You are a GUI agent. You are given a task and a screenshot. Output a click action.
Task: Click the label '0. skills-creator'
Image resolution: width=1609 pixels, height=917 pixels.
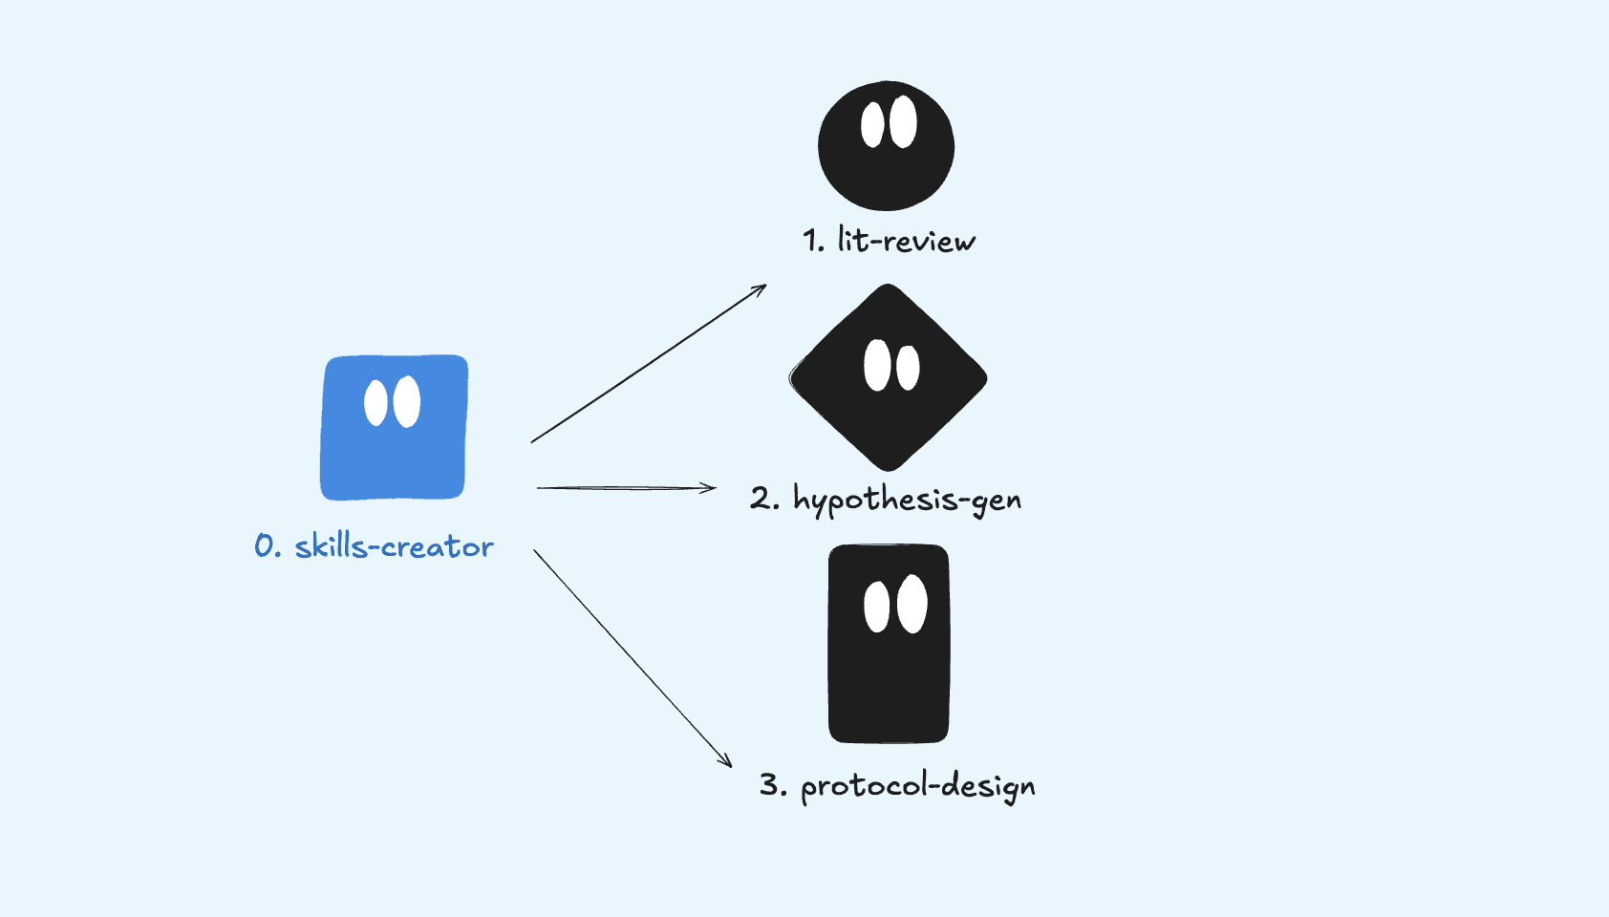(x=374, y=546)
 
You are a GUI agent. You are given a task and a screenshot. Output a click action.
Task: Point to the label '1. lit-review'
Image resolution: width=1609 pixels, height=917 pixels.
(x=889, y=241)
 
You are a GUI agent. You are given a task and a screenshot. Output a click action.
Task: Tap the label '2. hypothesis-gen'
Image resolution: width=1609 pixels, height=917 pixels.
(x=886, y=499)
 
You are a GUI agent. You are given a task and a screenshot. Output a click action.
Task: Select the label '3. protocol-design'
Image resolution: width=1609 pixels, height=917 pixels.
(x=897, y=786)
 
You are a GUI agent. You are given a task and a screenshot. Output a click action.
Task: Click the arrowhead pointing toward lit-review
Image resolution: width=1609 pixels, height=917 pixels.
(x=762, y=288)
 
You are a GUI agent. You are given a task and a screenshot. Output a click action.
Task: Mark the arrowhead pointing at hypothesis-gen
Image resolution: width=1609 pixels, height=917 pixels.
(x=710, y=488)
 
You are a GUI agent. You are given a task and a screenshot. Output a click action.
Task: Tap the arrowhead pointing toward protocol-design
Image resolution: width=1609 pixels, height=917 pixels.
(x=727, y=762)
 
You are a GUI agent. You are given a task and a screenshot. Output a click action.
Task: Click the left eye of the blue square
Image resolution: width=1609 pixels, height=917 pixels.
(x=376, y=403)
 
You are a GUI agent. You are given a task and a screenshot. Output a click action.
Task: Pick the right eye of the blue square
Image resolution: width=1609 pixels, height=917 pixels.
(x=407, y=401)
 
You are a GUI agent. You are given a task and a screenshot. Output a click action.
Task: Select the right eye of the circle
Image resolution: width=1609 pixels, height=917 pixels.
(x=903, y=121)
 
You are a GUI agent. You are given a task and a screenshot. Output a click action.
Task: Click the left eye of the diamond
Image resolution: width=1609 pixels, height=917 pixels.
(x=877, y=365)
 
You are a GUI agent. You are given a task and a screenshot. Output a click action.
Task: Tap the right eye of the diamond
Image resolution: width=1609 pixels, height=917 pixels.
(x=908, y=368)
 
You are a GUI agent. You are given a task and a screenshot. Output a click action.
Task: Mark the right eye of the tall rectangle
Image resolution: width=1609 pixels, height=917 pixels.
(x=912, y=604)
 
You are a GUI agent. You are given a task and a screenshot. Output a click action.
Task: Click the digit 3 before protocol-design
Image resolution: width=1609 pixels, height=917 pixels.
(x=770, y=785)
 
